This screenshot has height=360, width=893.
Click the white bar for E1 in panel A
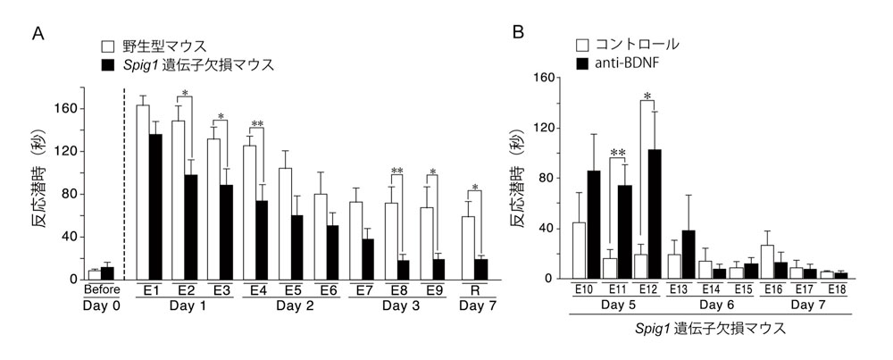[142, 192]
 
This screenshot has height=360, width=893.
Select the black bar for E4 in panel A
[263, 239]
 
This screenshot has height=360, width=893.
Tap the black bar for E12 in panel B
[655, 213]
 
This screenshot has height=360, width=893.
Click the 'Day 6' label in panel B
[707, 305]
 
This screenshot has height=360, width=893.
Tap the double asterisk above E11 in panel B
[617, 154]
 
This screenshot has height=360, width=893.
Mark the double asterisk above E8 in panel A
[396, 172]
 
